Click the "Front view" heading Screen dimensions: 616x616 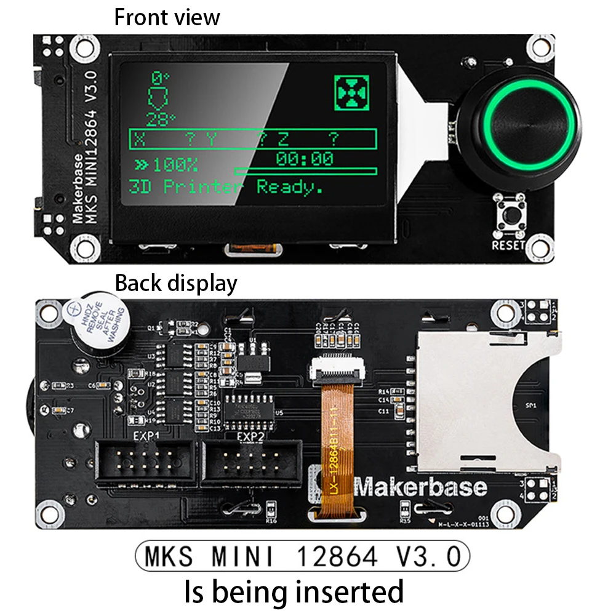pyautogui.click(x=167, y=17)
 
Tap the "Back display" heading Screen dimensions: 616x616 pyautogui.click(x=176, y=284)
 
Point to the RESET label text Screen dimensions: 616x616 pyautogui.click(x=509, y=245)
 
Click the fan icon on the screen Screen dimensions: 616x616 pyautogui.click(x=351, y=93)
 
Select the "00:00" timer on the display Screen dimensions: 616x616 pyautogui.click(x=304, y=159)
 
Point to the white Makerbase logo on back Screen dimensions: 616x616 pyautogui.click(x=421, y=487)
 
